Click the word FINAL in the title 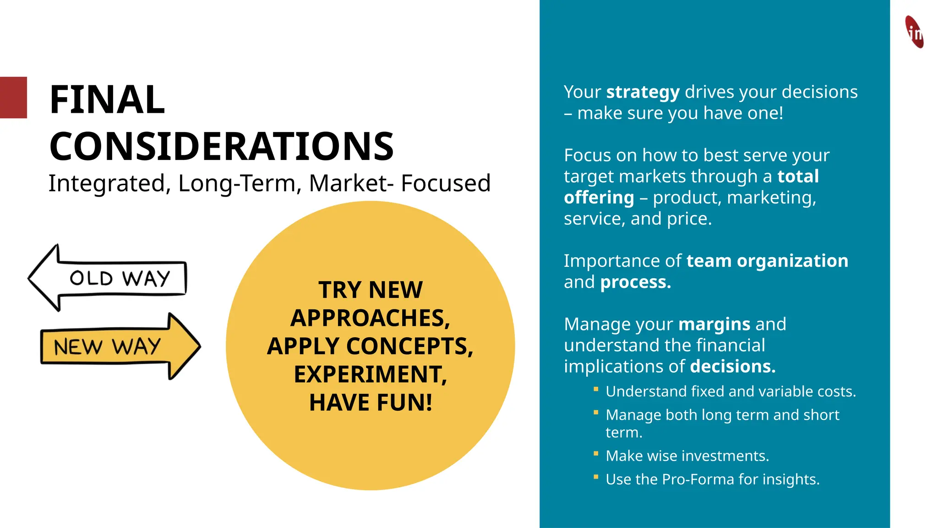(x=107, y=100)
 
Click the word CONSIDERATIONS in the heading (x=221, y=147)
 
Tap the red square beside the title (x=13, y=98)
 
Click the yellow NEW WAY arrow (x=120, y=346)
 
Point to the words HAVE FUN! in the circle (x=370, y=402)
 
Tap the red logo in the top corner (x=914, y=32)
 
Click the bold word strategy (x=643, y=92)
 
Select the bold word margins (x=714, y=324)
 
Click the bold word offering (x=599, y=198)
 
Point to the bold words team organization (x=767, y=261)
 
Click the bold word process (x=635, y=282)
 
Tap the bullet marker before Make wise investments (x=596, y=454)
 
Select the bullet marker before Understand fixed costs (x=596, y=389)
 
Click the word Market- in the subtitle (x=351, y=183)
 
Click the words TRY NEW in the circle (x=370, y=290)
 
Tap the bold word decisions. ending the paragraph (x=732, y=367)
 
